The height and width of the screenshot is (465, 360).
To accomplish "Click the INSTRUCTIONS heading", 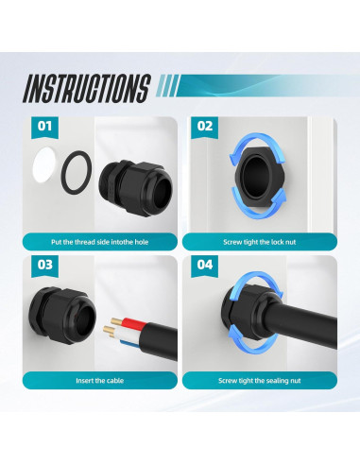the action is pyautogui.click(x=86, y=89).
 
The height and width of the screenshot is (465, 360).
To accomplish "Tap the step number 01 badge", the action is pyautogui.click(x=44, y=128).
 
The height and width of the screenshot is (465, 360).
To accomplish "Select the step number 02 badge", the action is pyautogui.click(x=205, y=128).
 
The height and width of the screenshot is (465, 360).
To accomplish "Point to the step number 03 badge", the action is pyautogui.click(x=44, y=266).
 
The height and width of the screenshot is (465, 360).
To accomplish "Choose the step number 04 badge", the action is pyautogui.click(x=205, y=266).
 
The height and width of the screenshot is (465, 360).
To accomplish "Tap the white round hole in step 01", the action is pyautogui.click(x=44, y=164).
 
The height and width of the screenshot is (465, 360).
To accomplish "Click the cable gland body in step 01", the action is pyautogui.click(x=136, y=188).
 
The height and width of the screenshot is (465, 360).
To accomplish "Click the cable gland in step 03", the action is pyautogui.click(x=61, y=315).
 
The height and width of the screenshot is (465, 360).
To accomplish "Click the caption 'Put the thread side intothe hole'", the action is pyautogui.click(x=99, y=242).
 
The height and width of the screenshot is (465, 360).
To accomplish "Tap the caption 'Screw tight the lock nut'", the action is pyautogui.click(x=260, y=242).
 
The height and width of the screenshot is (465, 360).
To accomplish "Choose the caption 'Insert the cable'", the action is pyautogui.click(x=99, y=381).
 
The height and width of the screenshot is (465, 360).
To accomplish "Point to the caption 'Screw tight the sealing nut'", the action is pyautogui.click(x=260, y=381).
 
